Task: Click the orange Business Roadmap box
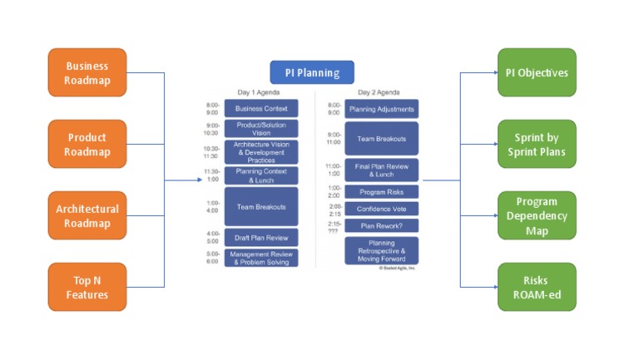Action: click(87, 73)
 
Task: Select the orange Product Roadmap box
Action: click(87, 144)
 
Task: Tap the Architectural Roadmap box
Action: click(87, 216)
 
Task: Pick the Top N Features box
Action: click(87, 287)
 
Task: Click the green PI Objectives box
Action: click(537, 72)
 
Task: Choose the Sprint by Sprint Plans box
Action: click(537, 144)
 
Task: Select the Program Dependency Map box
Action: click(537, 215)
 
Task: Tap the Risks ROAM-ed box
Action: click(537, 287)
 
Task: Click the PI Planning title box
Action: click(312, 72)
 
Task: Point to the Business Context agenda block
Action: click(260, 109)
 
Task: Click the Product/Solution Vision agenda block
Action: click(260, 129)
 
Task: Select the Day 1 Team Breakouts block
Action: click(260, 207)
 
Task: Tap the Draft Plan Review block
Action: click(260, 238)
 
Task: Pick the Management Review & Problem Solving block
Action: click(260, 258)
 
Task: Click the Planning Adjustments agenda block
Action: click(382, 109)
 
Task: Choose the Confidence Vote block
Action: click(382, 209)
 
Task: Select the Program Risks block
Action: click(382, 192)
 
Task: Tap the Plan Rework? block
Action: click(382, 225)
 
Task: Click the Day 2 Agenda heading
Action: click(379, 91)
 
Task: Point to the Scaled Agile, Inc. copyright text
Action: click(398, 268)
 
